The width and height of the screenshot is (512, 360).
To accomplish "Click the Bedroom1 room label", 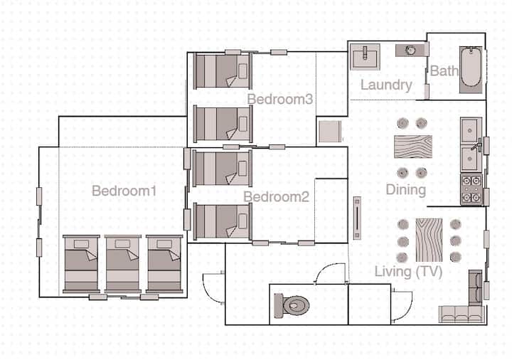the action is coord(124,191).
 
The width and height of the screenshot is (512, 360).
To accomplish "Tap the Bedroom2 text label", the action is coord(276,196).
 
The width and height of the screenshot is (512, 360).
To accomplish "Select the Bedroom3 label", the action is coord(280,100).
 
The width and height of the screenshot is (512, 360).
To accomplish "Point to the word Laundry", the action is coord(386,85).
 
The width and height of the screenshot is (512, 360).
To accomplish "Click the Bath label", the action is coord(444,71).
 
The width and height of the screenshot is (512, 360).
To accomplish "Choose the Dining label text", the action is coord(406,190).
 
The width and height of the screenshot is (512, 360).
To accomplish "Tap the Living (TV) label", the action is coord(408,272).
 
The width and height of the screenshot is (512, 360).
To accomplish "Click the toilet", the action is coord(292,305).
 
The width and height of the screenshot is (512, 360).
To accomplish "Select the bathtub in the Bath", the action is coord(471,70).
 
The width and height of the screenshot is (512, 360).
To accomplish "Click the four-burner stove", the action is coord(471,189).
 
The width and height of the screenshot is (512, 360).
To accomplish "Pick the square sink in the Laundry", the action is coord(365,57).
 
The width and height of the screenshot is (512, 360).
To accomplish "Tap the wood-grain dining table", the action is coord(413,147).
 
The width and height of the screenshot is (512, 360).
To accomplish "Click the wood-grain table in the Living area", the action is coord(429,240).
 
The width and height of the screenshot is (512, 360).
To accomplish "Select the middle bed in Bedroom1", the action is coord(123,264).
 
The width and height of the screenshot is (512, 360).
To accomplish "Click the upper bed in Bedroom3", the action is coord(223,71).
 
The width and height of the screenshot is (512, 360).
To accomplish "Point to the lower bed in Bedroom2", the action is coord(223,221).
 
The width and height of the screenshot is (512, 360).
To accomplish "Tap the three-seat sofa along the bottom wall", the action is coord(461,314).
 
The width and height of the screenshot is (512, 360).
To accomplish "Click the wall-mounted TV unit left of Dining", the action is coord(357,218).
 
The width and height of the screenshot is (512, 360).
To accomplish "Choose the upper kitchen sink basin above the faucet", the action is coord(471,131).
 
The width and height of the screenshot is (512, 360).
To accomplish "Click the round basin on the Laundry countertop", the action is coord(410,51).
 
